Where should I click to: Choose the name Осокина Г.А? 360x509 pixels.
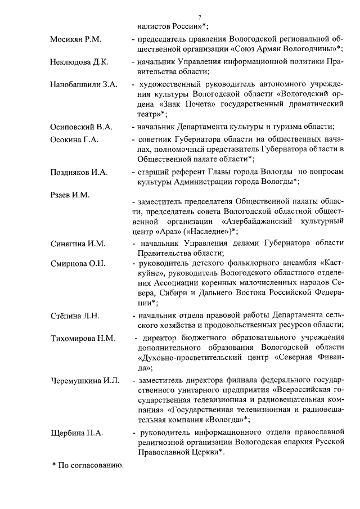[74, 139]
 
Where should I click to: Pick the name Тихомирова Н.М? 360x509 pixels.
[82, 338]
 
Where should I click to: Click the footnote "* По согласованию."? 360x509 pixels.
[87, 465]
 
